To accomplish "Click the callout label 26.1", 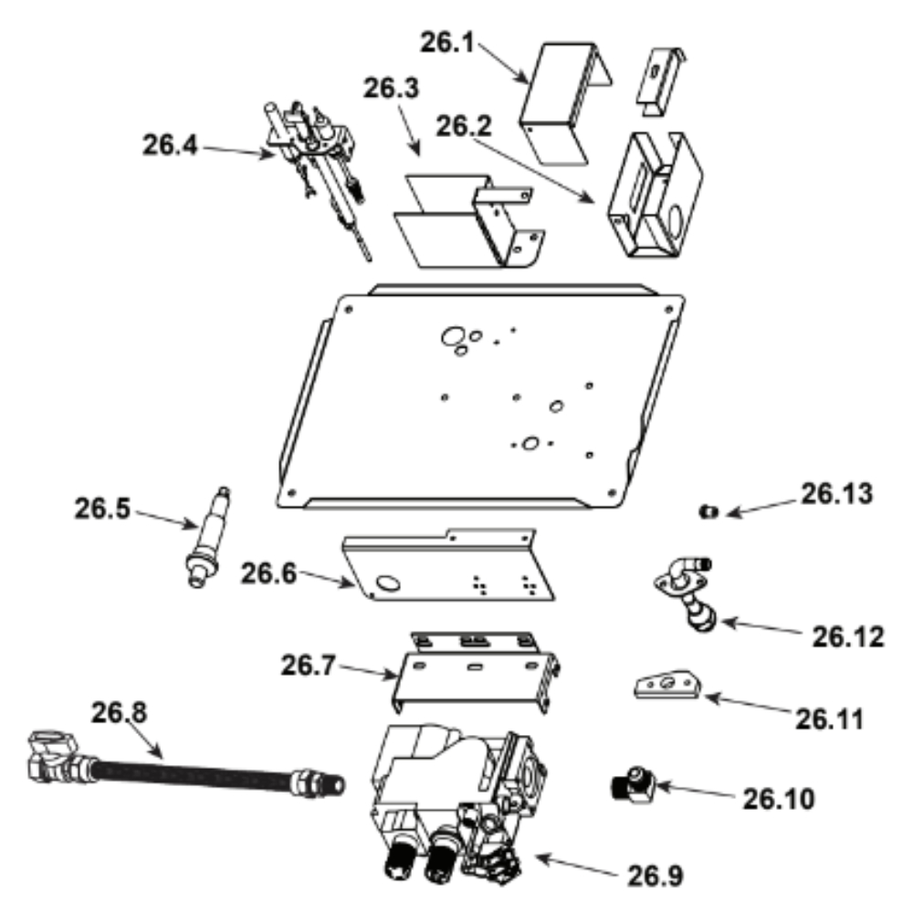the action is pyautogui.click(x=447, y=43).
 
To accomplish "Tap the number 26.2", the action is pyautogui.click(x=464, y=126).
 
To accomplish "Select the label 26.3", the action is pyautogui.click(x=392, y=89).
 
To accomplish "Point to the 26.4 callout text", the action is pyautogui.click(x=170, y=145).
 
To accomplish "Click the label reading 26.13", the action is pyautogui.click(x=837, y=494).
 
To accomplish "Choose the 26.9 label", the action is pyautogui.click(x=656, y=876).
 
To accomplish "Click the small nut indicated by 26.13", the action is pyautogui.click(x=708, y=512).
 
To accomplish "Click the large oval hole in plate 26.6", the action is pyautogui.click(x=388, y=582).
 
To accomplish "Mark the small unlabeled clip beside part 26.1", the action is pyautogui.click(x=661, y=81).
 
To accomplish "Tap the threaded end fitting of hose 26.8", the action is pyautogui.click(x=318, y=783).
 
